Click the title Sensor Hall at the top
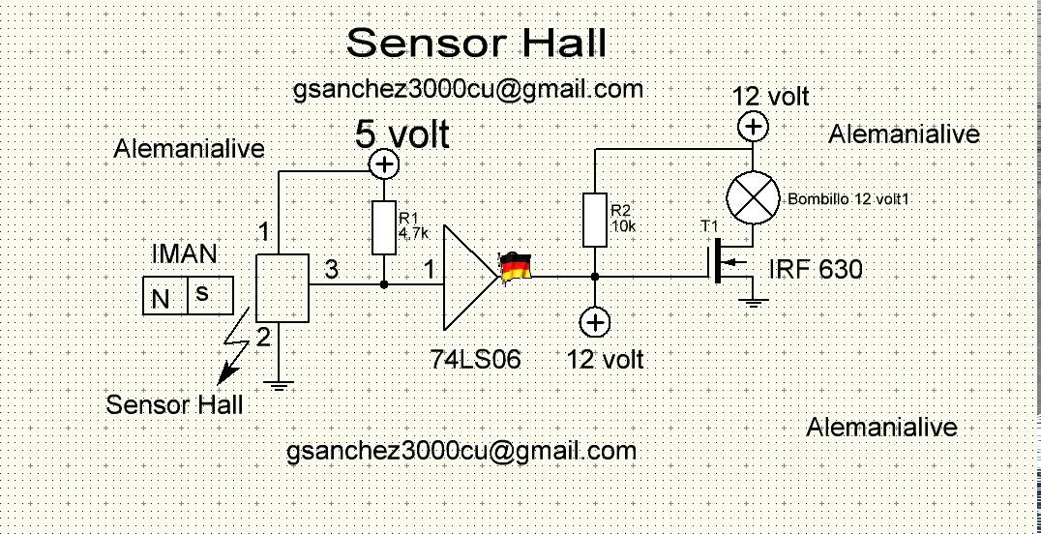[476, 44]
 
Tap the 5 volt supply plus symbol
[385, 164]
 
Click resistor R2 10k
[595, 220]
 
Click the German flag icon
[515, 266]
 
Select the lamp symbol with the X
[753, 197]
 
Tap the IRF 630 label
[815, 269]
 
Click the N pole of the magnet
[161, 298]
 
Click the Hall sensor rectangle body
[283, 288]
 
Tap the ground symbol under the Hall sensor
[279, 385]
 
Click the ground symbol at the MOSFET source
[753, 303]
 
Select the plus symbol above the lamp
[753, 127]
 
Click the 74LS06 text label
[476, 360]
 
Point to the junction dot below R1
[385, 285]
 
